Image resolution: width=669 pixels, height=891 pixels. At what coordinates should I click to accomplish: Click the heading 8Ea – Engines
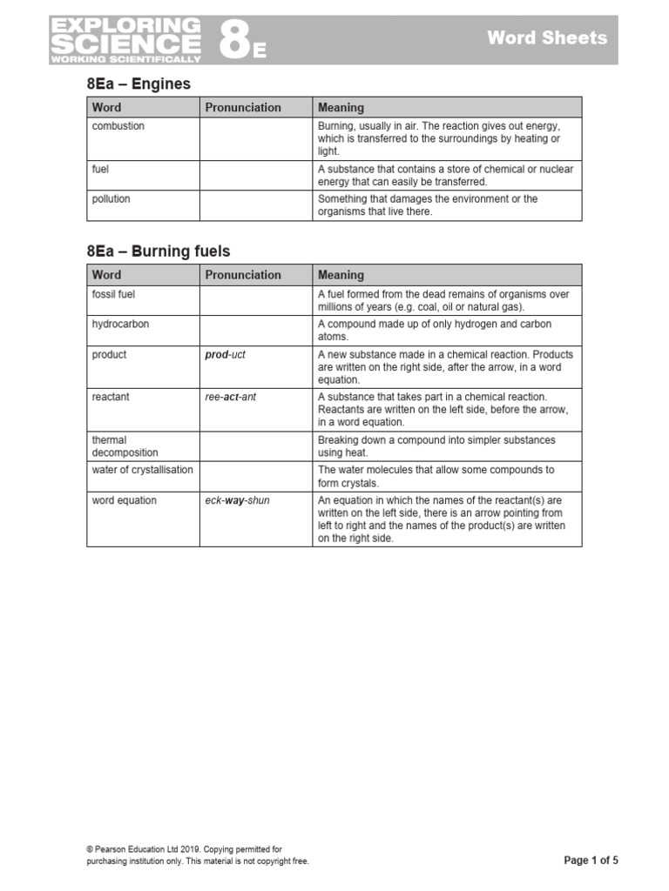138,84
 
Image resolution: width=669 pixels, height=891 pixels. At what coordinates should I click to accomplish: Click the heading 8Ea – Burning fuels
159,251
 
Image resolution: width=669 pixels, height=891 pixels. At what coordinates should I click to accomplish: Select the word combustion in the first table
118,126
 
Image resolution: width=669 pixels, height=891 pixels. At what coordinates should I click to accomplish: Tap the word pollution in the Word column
111,199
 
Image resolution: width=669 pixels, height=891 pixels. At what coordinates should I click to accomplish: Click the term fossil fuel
113,295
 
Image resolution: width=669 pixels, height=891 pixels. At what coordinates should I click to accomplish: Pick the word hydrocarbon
120,325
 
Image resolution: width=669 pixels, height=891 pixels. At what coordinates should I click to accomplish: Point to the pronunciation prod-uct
226,355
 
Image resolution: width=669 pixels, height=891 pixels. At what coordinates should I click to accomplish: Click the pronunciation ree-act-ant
231,397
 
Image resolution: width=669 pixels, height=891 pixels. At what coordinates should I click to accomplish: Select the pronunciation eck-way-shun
237,501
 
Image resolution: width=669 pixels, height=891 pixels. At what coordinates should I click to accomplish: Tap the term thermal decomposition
125,446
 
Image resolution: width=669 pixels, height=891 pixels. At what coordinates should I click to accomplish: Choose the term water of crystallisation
142,470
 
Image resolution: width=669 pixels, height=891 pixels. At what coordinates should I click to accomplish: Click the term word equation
125,501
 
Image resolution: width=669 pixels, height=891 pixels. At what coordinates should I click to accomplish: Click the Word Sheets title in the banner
546,37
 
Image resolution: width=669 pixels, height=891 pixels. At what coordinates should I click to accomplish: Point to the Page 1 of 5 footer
591,861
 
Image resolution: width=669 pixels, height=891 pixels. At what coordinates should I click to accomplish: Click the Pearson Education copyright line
184,849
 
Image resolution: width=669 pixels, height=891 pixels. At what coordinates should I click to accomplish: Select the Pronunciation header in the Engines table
243,108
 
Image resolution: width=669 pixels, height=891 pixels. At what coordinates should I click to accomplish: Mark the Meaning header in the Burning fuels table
341,275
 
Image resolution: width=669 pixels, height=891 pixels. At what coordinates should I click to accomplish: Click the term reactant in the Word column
111,397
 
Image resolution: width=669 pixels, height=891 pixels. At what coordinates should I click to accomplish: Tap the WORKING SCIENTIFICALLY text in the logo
125,59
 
